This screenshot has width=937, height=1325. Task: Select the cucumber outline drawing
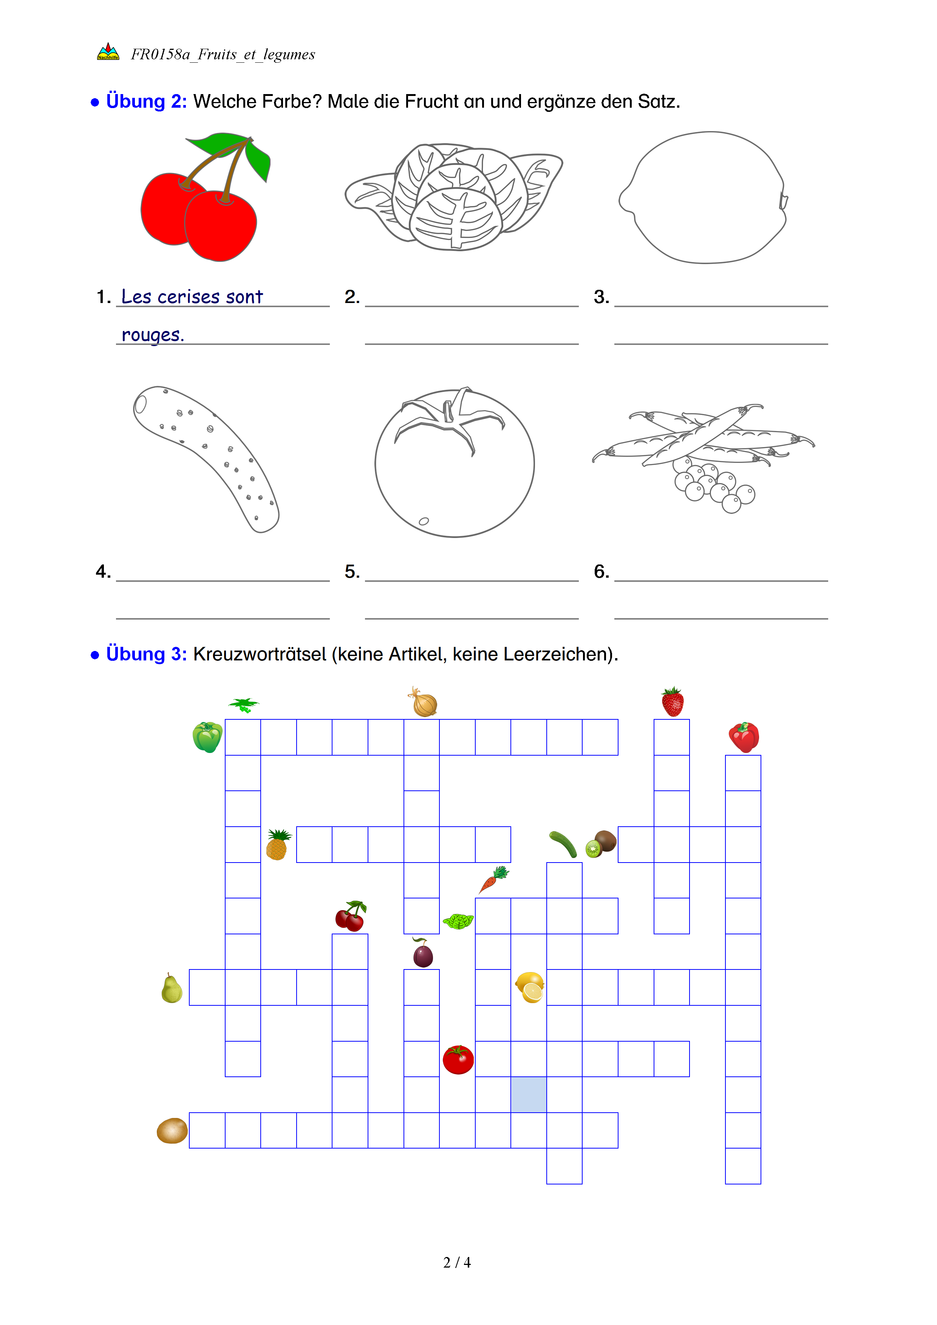(x=207, y=457)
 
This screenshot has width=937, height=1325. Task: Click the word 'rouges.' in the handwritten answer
(x=152, y=335)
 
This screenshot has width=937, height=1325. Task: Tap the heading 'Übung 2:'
(x=146, y=102)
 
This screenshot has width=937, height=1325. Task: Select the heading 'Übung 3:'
(x=146, y=654)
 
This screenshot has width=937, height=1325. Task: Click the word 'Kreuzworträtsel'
(x=260, y=654)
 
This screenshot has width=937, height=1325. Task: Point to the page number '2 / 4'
(x=457, y=1263)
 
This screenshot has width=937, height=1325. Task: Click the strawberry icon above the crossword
(x=672, y=702)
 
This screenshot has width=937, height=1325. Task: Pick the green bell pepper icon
(x=207, y=737)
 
